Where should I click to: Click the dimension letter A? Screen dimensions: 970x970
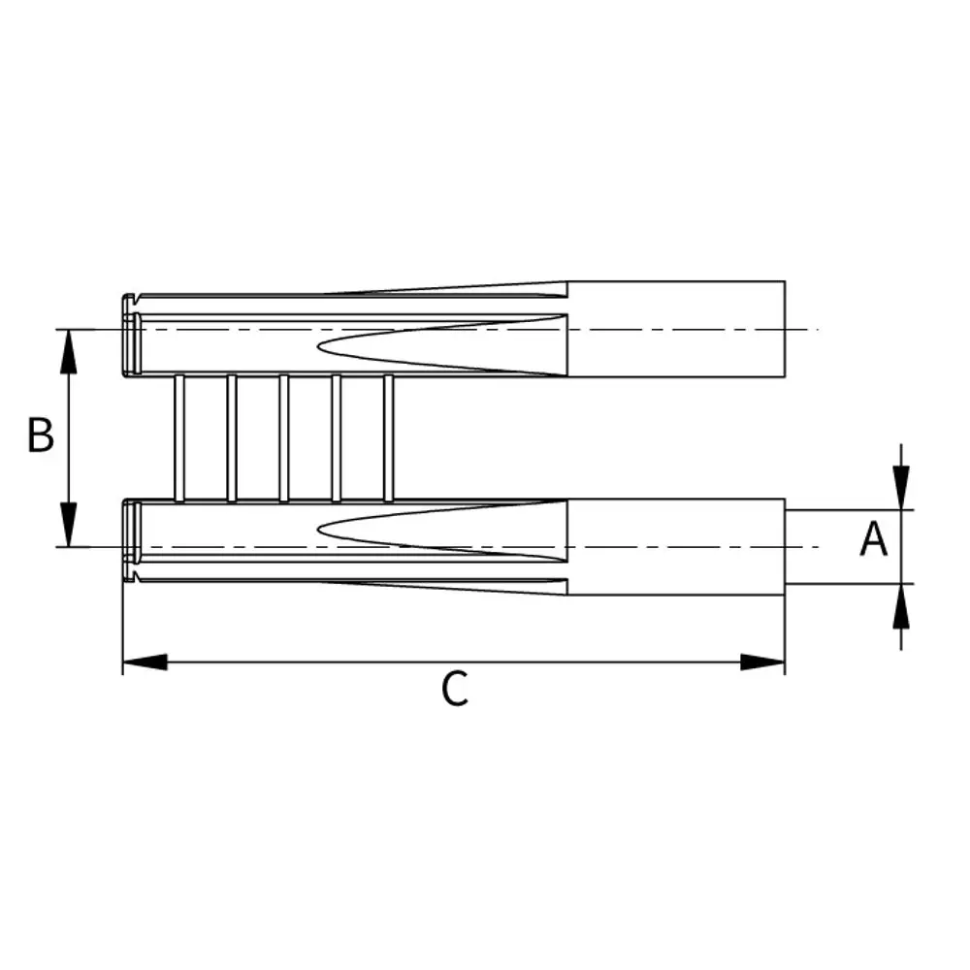coord(874,538)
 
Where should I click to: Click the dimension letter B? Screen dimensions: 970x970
coord(41,435)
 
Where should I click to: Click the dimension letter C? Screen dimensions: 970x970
coord(455,689)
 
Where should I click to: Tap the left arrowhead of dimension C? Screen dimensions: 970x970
coord(145,662)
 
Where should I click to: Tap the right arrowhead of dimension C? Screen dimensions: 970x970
coord(762,662)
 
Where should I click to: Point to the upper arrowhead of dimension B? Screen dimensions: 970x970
coord(69,351)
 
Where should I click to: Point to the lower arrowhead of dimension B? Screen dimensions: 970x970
coord(69,525)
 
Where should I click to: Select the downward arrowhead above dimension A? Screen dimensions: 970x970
coord(901,488)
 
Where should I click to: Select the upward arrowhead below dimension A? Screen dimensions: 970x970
coord(901,605)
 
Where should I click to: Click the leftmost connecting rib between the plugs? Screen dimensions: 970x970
coord(179,438)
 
